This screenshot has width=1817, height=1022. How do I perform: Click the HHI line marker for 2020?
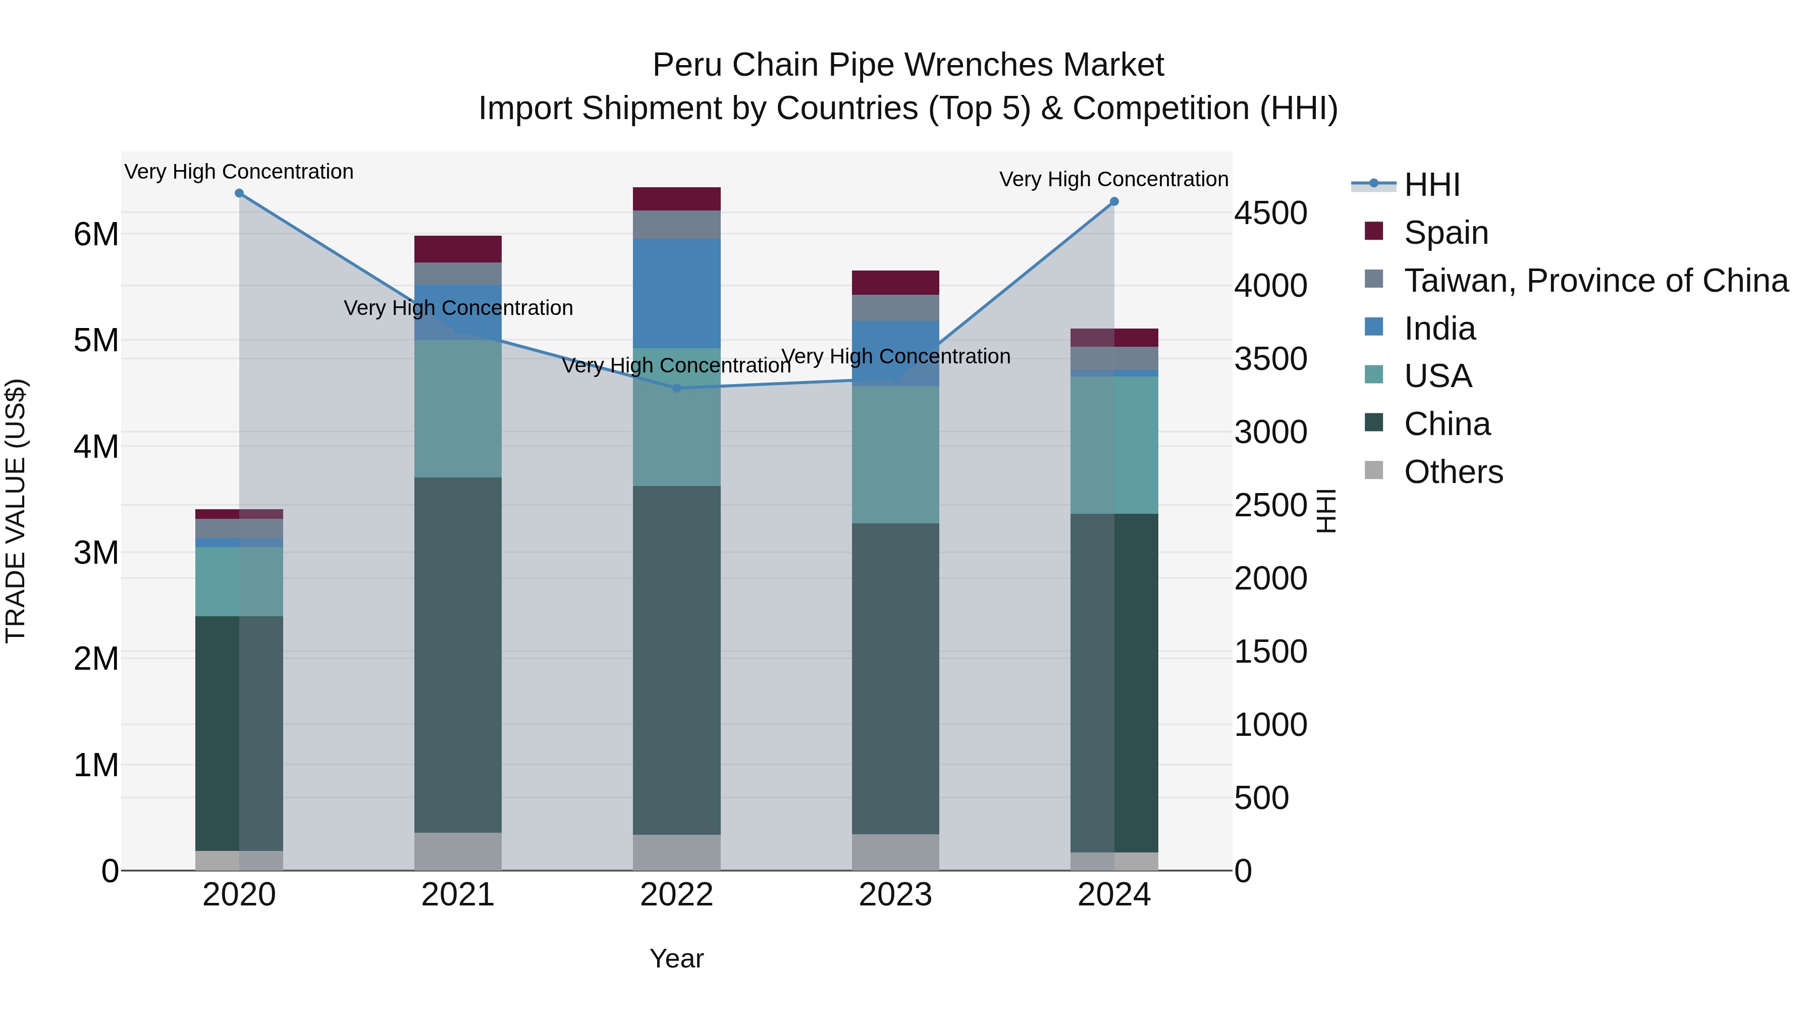tap(239, 193)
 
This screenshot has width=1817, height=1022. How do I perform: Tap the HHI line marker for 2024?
tap(1114, 202)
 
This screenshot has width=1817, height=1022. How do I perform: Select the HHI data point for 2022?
tap(676, 388)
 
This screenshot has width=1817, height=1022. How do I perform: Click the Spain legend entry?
tap(1446, 233)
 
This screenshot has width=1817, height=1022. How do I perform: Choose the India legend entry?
tap(1439, 329)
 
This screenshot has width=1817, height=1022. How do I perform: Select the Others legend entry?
tap(1453, 472)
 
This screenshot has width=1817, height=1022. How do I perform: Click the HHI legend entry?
tap(1431, 185)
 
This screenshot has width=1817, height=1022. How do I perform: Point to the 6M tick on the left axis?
tap(96, 234)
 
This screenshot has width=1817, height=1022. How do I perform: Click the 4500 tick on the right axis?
tap(1270, 213)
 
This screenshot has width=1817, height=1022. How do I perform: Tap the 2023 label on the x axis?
tap(895, 895)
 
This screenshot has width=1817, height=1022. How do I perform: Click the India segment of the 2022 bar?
tap(676, 293)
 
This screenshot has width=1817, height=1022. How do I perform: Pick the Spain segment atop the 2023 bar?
tap(895, 282)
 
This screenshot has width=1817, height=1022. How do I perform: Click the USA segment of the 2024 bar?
tap(1114, 444)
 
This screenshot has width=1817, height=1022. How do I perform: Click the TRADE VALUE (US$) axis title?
tap(16, 511)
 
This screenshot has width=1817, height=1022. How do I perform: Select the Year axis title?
tap(676, 958)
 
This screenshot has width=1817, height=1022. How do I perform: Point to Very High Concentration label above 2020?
tap(239, 172)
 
